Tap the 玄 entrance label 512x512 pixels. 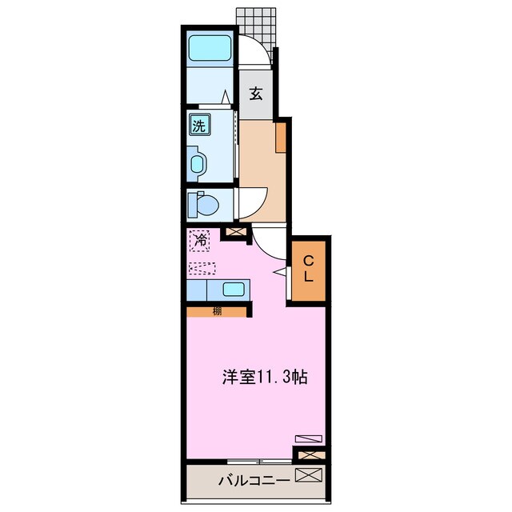coord(255,94)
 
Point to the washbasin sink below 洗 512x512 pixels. coord(198,164)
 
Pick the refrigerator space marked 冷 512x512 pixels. coord(199,240)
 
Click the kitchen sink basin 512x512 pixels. coord(233,290)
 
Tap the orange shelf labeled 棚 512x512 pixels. coord(217,311)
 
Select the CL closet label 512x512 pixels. coord(308,270)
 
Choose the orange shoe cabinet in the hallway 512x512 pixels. coord(281,137)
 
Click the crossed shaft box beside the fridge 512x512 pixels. coord(234,233)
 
